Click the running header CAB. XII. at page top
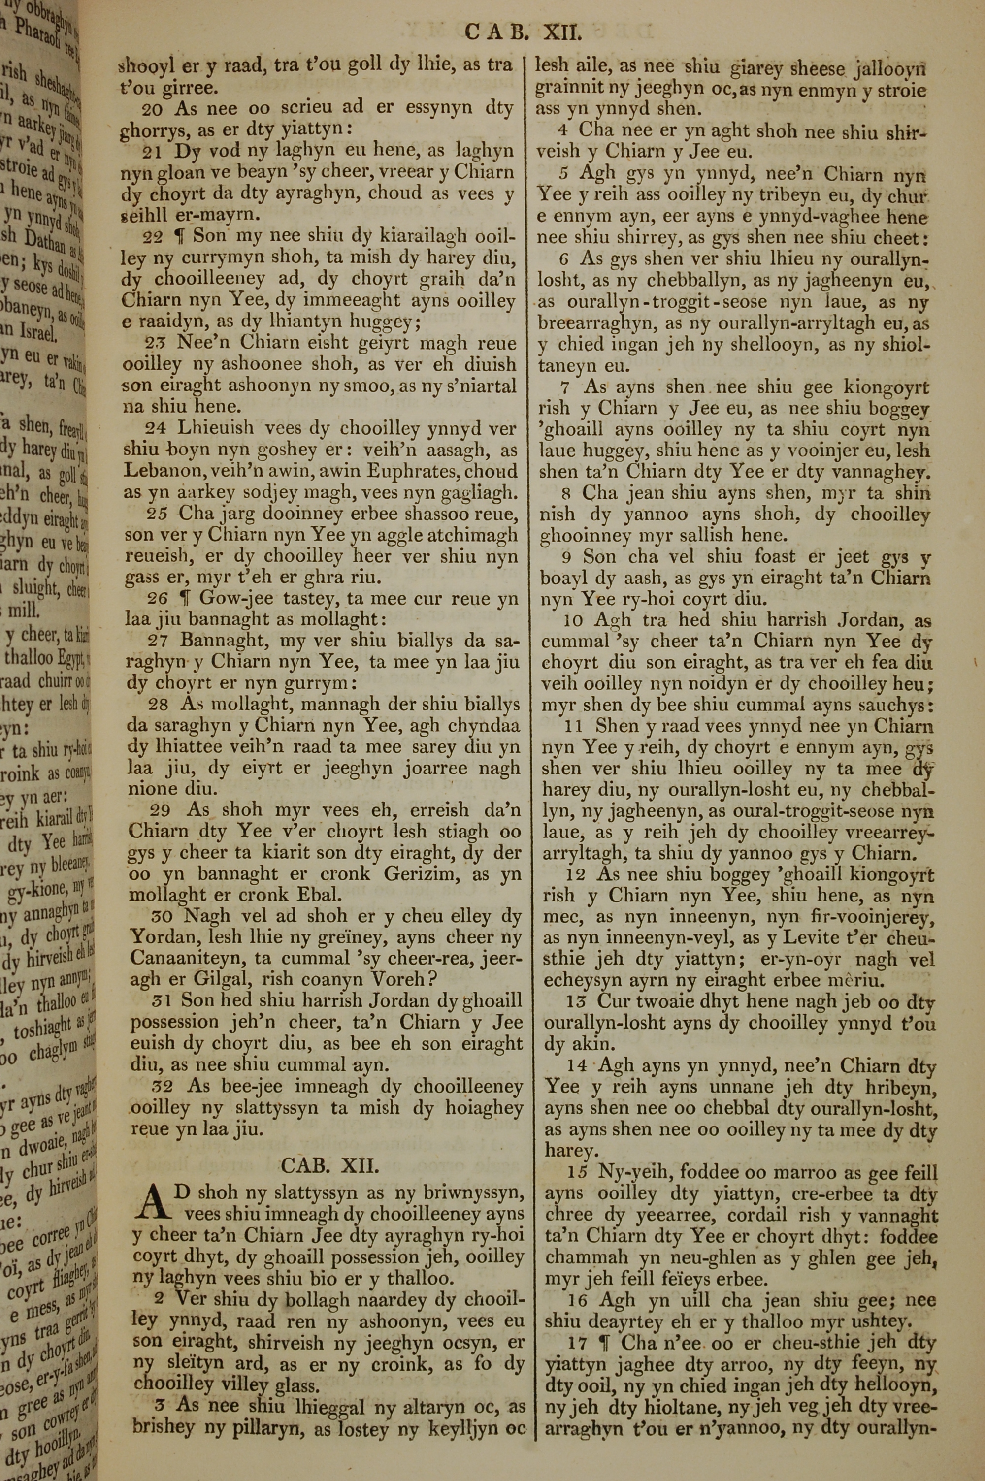[525, 32]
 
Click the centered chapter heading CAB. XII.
[329, 1166]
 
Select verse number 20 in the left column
[153, 109]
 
